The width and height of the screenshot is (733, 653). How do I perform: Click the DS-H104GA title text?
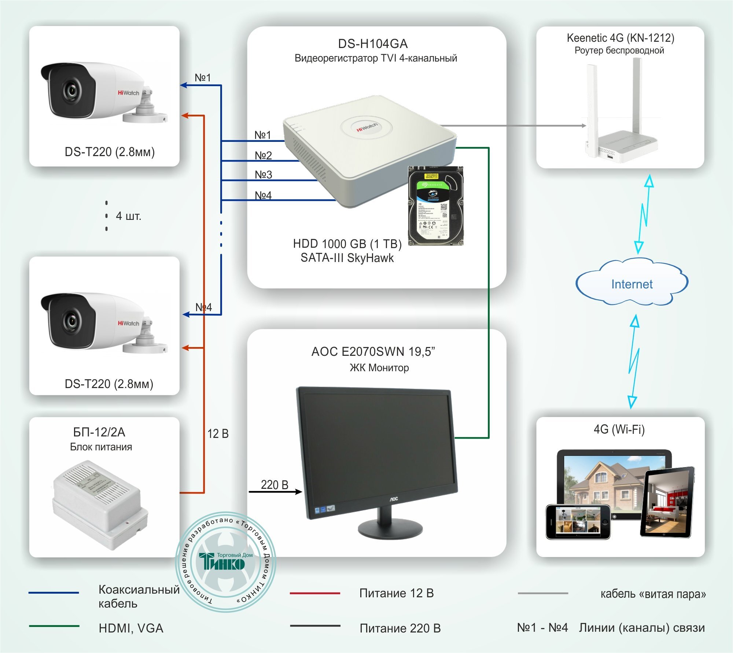373,44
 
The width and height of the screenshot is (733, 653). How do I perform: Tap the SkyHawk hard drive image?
436,206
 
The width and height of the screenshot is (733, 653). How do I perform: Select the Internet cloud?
631,284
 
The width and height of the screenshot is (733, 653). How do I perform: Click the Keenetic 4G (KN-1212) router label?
620,38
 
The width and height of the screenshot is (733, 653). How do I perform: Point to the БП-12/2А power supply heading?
99,432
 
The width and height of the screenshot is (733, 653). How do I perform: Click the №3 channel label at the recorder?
264,174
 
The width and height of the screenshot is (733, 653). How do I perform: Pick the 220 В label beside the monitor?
275,484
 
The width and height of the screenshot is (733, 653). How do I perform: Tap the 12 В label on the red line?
218,434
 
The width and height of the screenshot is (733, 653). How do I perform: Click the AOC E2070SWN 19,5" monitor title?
373,351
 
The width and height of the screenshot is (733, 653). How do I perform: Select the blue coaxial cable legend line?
54,593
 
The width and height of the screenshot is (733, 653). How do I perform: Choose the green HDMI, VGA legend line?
54,626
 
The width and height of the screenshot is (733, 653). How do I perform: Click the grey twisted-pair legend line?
543,593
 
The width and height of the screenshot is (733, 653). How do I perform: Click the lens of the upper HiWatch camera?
71,91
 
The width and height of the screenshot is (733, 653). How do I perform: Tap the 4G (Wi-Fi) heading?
619,429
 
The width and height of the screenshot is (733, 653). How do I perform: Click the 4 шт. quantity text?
128,216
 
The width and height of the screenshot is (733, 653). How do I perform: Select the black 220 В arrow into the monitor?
275,492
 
